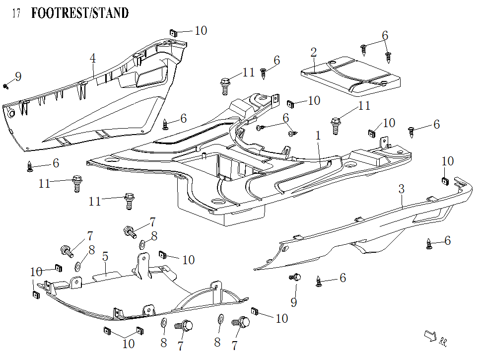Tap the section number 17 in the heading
(16, 13)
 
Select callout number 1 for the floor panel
(318, 135)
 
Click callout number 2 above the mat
(313, 53)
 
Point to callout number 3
(401, 189)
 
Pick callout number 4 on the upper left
(93, 58)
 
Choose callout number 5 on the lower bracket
(105, 257)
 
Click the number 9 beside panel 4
(18, 76)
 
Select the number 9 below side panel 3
(293, 302)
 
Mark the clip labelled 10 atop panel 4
(173, 33)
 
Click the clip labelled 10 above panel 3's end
(445, 180)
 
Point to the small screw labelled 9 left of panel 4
(6, 86)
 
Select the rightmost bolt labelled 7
(243, 323)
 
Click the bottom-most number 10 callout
(128, 343)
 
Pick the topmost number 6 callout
(385, 35)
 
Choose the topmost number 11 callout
(249, 73)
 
